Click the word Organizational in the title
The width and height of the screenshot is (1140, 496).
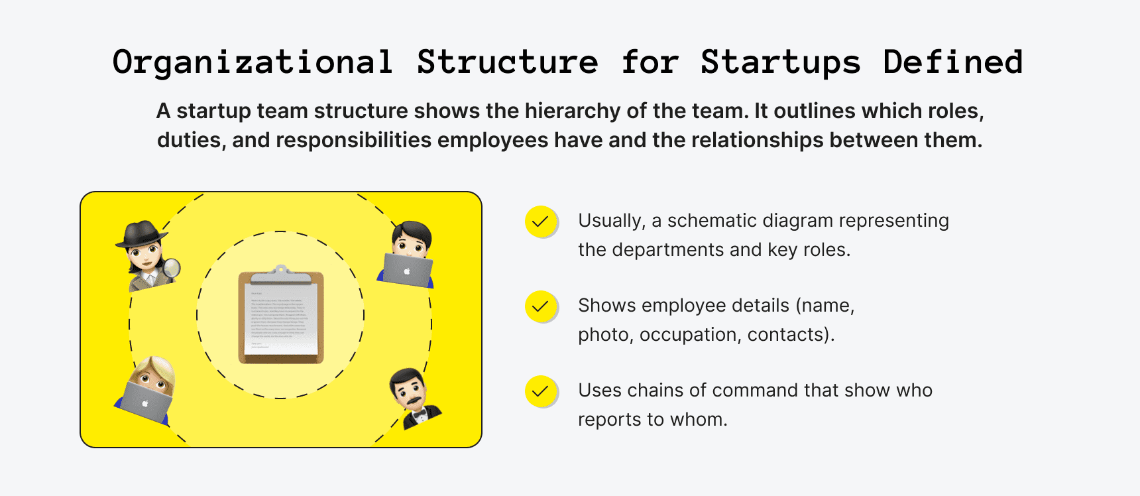click(253, 63)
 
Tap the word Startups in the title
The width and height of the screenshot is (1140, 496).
click(780, 63)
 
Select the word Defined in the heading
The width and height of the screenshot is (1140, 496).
click(952, 63)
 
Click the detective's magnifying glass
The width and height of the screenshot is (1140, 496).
click(172, 268)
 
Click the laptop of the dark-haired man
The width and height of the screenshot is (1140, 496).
click(407, 271)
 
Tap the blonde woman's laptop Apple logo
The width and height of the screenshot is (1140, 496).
click(145, 404)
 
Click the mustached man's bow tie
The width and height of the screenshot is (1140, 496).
click(420, 416)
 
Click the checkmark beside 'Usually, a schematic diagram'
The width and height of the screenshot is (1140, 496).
click(541, 221)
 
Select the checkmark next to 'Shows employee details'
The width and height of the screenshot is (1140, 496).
click(541, 306)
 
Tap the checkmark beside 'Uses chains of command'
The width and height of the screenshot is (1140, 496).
click(541, 391)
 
